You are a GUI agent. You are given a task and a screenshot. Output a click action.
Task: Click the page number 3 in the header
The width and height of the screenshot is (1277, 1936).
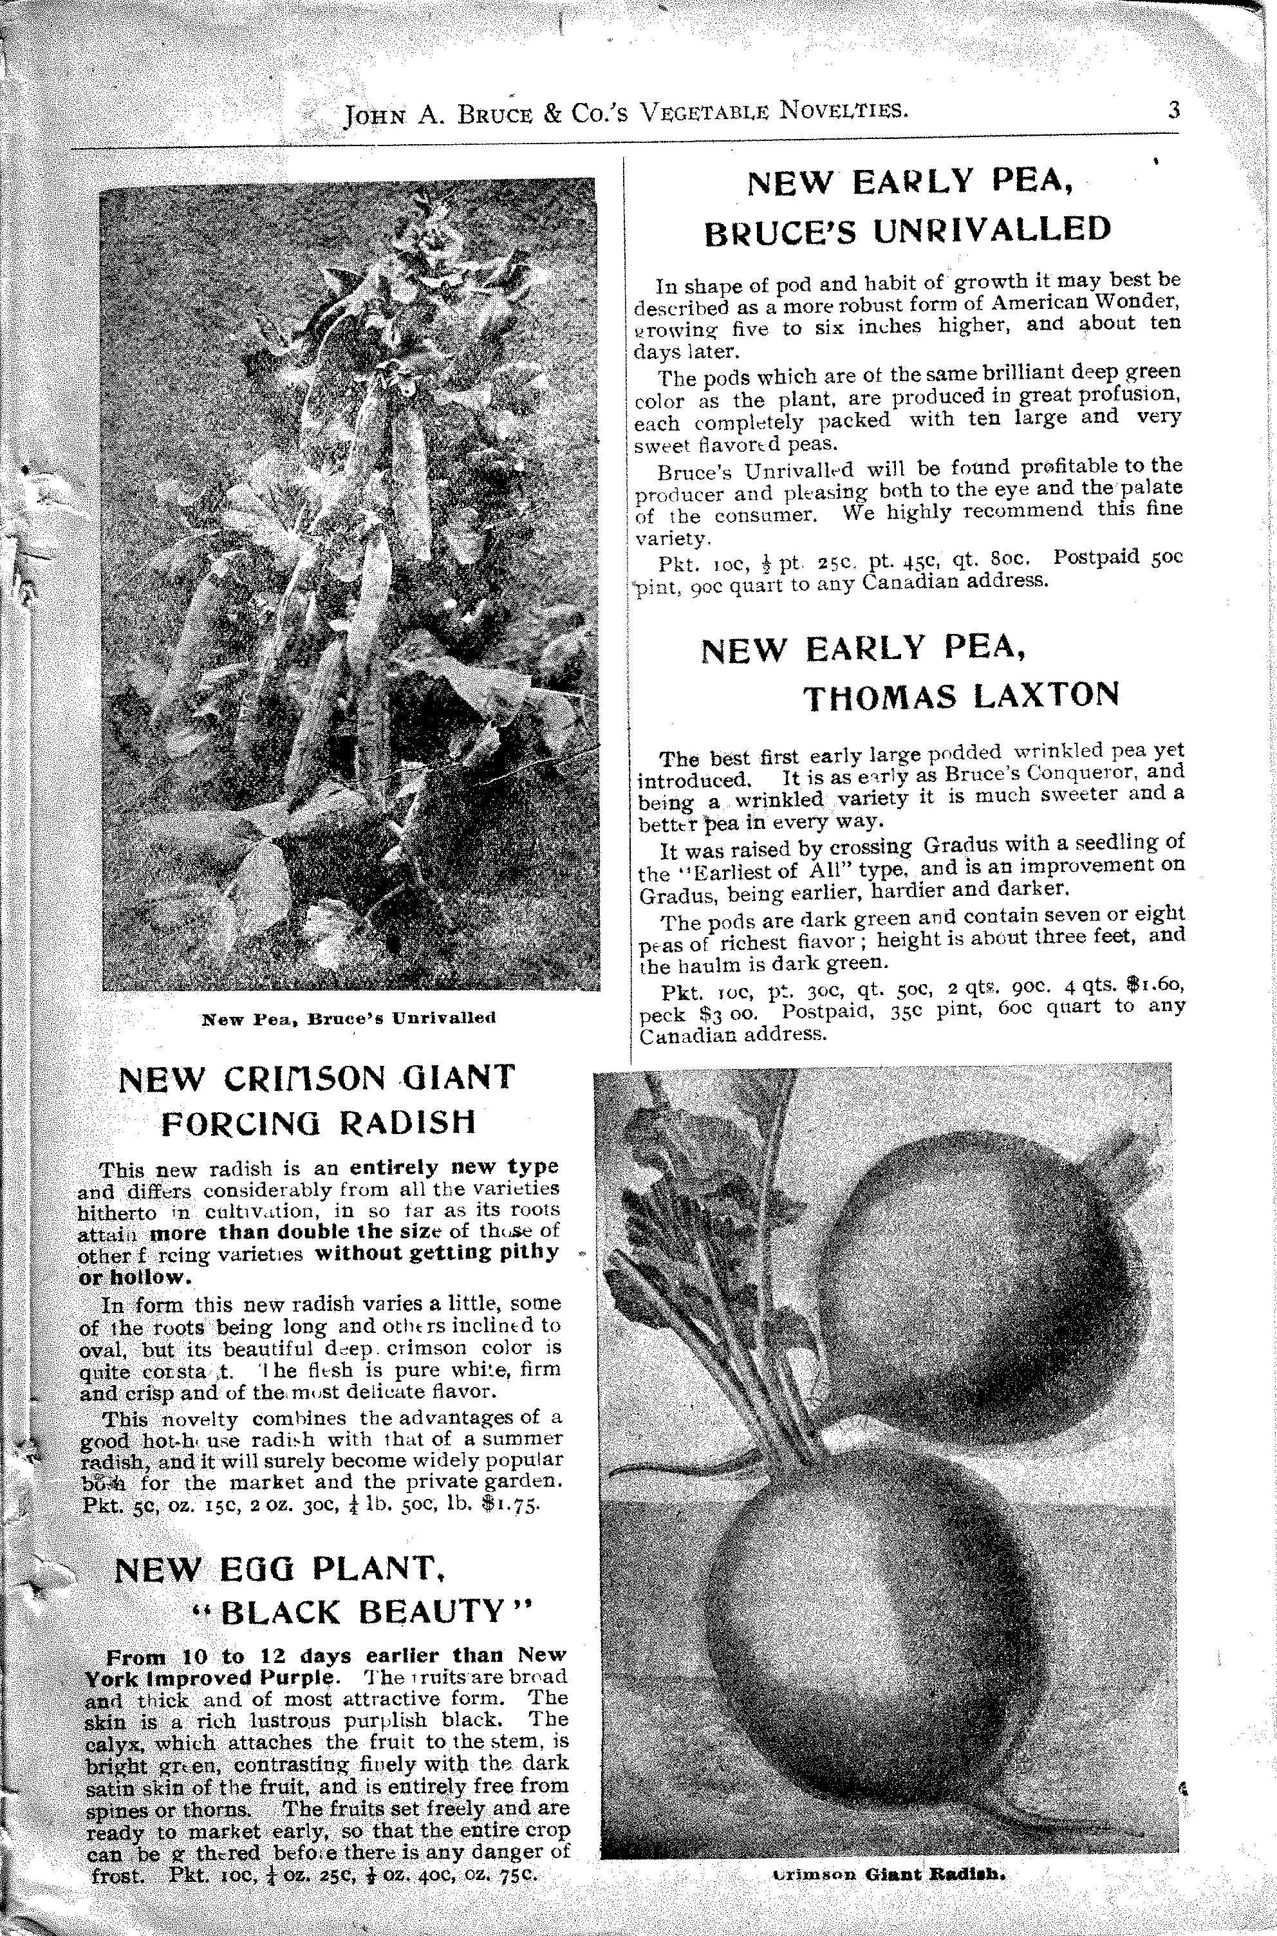(1173, 110)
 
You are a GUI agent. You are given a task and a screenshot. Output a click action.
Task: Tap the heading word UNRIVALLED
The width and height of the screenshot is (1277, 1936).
(992, 230)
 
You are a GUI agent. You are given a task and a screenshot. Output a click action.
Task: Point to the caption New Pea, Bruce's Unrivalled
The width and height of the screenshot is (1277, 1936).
(349, 1018)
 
